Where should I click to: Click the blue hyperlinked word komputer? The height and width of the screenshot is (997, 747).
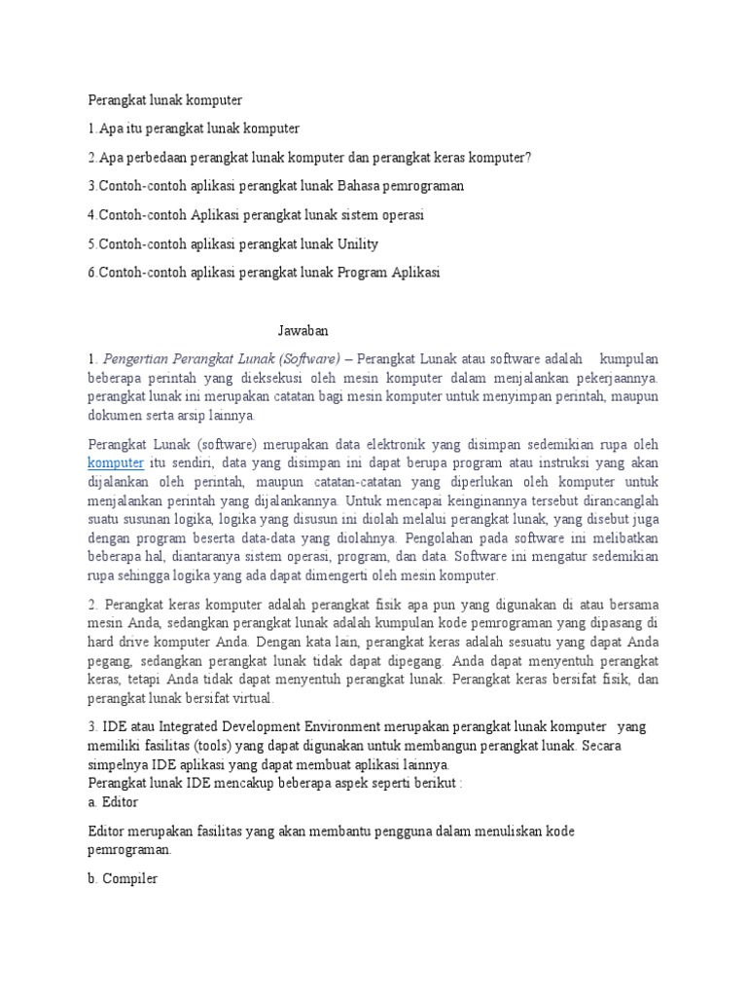(116, 462)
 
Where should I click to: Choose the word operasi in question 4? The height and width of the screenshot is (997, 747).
(402, 214)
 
